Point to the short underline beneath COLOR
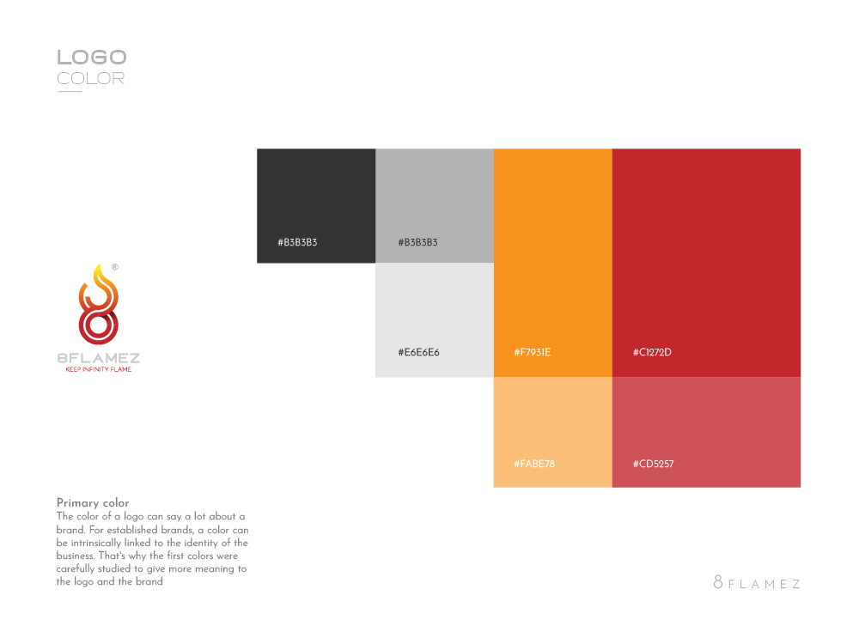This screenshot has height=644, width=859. (x=69, y=92)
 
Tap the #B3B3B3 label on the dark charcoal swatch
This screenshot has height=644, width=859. (x=297, y=243)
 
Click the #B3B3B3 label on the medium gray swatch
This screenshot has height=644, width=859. (x=417, y=243)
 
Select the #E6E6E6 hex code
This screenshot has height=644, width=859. (x=418, y=352)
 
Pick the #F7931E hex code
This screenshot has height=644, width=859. (x=533, y=352)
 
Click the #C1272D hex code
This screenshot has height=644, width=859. (x=652, y=352)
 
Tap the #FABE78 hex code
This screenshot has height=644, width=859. (x=534, y=465)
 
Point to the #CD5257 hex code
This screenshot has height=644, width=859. (x=653, y=465)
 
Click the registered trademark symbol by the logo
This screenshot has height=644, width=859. (x=115, y=268)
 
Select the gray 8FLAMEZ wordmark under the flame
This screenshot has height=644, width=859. (x=98, y=358)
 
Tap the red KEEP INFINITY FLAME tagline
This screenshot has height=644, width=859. (x=98, y=370)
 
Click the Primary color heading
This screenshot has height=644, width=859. (x=93, y=503)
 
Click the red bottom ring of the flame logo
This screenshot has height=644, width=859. (x=98, y=327)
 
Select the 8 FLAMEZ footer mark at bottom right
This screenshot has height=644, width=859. (x=757, y=583)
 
